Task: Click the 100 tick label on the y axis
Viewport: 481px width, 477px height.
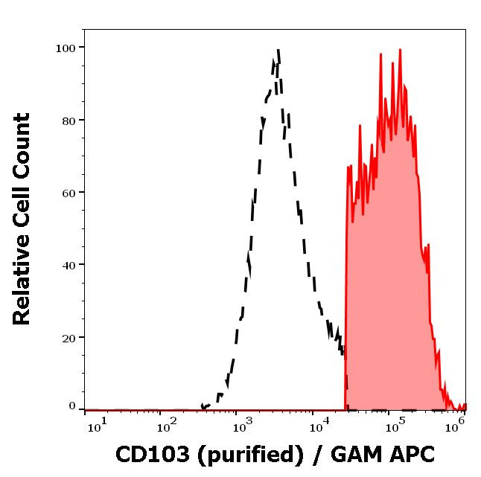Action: (66, 48)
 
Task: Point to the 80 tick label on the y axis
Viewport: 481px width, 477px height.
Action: (69, 121)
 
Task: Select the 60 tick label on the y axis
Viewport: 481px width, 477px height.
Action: (69, 193)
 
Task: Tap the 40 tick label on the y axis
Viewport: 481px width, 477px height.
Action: (69, 265)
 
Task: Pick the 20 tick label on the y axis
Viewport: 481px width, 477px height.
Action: (69, 337)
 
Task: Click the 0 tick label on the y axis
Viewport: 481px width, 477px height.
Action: (72, 406)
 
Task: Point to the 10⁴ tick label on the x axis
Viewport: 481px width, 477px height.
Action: (319, 425)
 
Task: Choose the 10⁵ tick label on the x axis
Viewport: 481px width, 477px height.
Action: (395, 425)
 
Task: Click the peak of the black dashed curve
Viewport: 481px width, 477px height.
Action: (278, 51)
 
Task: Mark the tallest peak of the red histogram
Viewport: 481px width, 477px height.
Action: (400, 50)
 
